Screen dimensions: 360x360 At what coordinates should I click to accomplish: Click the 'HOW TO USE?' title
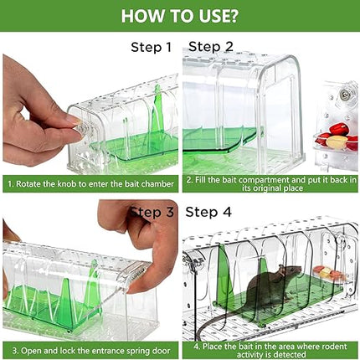click(180, 16)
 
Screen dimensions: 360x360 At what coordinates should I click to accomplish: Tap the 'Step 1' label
click(152, 47)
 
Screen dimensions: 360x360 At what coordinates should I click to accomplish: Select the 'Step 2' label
click(211, 47)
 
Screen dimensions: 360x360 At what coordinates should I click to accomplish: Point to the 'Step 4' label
click(208, 213)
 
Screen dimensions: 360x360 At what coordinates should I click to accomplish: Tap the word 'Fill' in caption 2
click(200, 180)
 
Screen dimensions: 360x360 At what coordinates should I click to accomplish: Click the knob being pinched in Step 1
click(85, 129)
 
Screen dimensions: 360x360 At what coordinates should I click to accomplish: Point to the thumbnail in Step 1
click(74, 121)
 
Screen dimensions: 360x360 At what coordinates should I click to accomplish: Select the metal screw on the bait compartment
click(345, 95)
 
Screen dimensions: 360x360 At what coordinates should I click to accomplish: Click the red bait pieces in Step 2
click(338, 136)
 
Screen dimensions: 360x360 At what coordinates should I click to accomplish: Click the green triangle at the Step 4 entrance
click(225, 273)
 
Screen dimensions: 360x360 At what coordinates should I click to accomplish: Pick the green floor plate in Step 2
click(220, 141)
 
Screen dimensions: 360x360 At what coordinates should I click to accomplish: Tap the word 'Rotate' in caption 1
click(27, 184)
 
